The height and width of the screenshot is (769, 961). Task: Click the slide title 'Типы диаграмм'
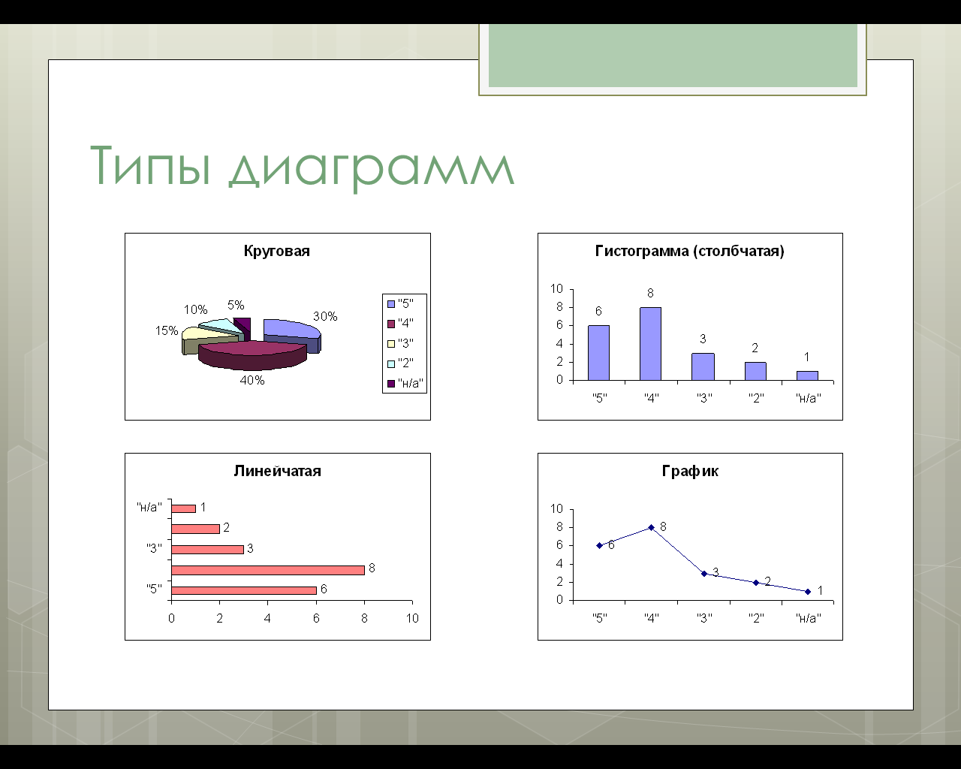pos(303,167)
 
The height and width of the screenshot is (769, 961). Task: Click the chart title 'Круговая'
pos(277,251)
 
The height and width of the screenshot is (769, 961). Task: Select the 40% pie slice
pos(253,355)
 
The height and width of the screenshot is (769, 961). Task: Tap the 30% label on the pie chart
pos(325,316)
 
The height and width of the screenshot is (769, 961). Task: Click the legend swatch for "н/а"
pos(391,384)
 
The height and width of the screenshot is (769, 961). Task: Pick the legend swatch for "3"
pos(391,344)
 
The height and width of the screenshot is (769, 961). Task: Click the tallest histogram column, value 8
pos(651,344)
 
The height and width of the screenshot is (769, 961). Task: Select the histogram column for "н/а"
pos(807,375)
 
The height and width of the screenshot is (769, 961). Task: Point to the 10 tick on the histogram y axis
pos(556,288)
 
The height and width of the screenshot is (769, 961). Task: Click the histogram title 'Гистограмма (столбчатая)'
pos(690,251)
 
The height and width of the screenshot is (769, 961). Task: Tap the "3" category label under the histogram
pos(704,398)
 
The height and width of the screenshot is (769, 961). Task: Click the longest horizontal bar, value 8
pos(268,570)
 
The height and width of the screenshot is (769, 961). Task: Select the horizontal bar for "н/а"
pos(183,508)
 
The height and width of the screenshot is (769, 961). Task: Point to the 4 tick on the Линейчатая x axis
pos(267,618)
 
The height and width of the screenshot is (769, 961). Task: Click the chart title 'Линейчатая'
pos(277,471)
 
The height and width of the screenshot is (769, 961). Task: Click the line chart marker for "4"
pos(651,528)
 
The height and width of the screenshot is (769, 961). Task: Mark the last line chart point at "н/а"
pos(808,592)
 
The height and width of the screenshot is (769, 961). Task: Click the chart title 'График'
pos(690,471)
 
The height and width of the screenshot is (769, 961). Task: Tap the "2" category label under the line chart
pos(756,618)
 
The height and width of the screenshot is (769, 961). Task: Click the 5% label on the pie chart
pos(236,305)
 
